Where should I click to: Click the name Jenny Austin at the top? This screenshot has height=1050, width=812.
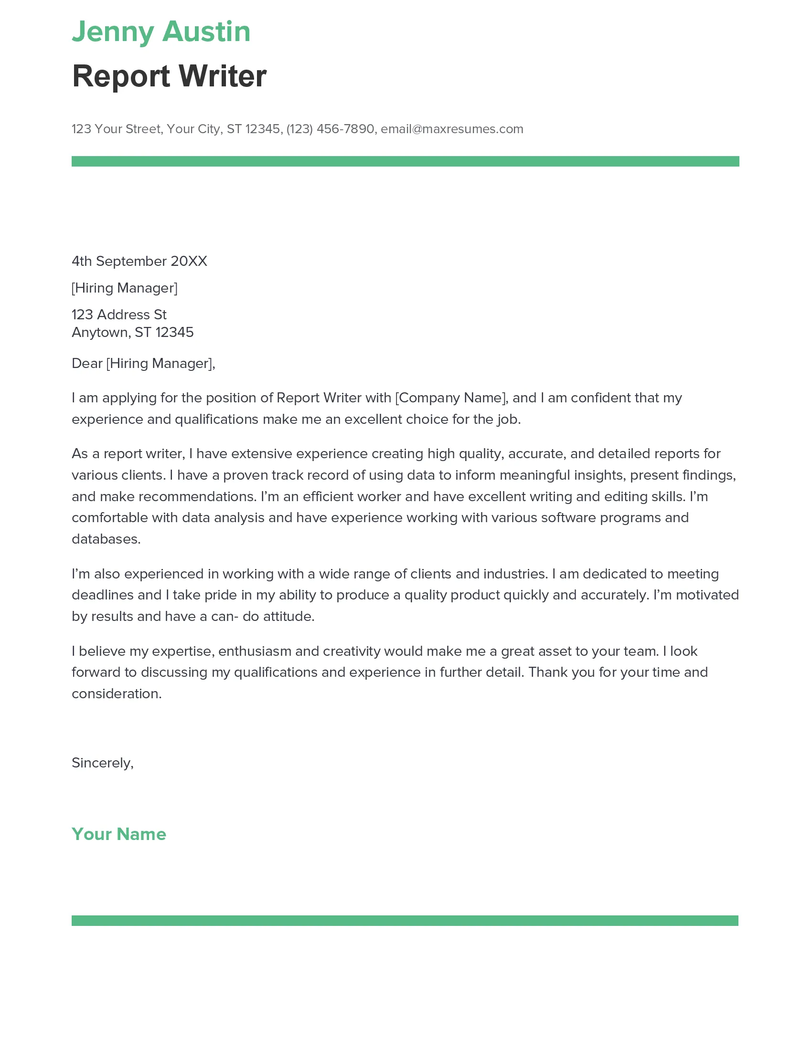pyautogui.click(x=160, y=31)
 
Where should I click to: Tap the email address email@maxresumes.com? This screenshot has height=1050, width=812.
pyautogui.click(x=452, y=129)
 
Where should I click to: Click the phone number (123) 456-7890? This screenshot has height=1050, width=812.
pyautogui.click(x=330, y=129)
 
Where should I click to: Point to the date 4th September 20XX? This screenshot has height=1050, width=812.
pyautogui.click(x=139, y=261)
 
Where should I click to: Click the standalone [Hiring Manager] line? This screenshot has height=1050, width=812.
pyautogui.click(x=124, y=288)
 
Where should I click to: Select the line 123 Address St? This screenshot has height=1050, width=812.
pyautogui.click(x=119, y=315)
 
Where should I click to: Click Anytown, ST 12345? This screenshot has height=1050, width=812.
pyautogui.click(x=132, y=332)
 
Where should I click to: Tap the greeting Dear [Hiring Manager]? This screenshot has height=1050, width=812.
pyautogui.click(x=143, y=364)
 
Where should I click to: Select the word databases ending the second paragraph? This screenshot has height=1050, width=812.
pyautogui.click(x=106, y=539)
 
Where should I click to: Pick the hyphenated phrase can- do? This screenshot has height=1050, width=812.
pyautogui.click(x=235, y=616)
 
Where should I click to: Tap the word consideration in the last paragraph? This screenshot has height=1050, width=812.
pyautogui.click(x=116, y=694)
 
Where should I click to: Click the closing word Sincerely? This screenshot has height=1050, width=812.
pyautogui.click(x=103, y=763)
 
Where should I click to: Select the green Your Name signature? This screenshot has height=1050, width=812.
pyautogui.click(x=119, y=834)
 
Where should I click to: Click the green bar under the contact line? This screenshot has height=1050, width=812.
pyautogui.click(x=405, y=161)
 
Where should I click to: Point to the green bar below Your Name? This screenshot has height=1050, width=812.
pyautogui.click(x=405, y=920)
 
